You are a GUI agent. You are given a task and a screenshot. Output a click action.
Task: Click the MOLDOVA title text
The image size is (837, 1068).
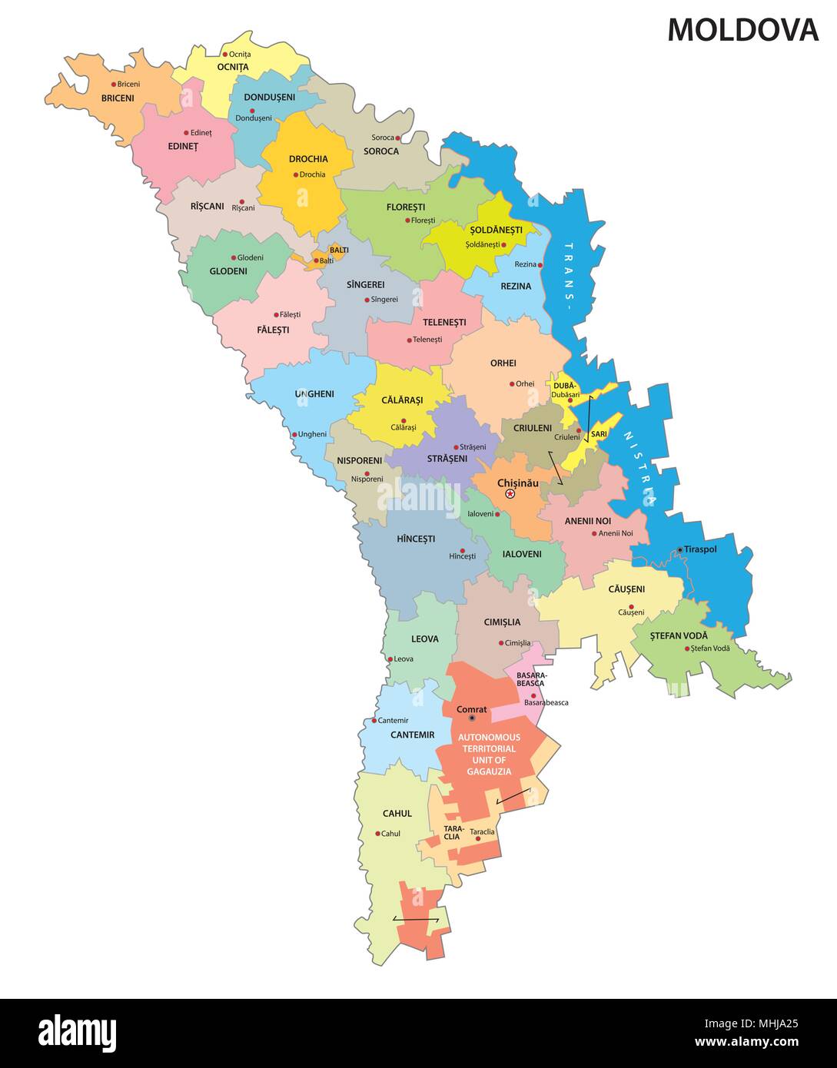point(742,30)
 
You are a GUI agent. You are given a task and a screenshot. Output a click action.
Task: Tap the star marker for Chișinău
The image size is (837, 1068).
point(509,495)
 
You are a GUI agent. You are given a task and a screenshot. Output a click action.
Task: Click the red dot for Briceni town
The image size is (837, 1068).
point(114,85)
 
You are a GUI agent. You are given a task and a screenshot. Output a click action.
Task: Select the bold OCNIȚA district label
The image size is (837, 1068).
point(233,67)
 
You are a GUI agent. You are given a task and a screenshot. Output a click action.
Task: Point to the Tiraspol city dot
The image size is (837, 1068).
point(680,550)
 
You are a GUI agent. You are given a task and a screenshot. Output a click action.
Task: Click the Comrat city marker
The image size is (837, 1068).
point(472,718)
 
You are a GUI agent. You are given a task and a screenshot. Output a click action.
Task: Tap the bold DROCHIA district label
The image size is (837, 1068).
point(308,159)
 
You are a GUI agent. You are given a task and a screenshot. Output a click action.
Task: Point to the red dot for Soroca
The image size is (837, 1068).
point(398,138)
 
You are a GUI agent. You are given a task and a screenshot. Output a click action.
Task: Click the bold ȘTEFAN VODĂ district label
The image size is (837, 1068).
point(679,635)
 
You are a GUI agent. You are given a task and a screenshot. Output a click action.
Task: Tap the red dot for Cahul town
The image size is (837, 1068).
point(377,834)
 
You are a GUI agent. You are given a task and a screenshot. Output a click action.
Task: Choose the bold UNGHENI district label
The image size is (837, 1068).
point(314,394)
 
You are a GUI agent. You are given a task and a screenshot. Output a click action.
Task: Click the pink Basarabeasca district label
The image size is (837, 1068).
point(530,679)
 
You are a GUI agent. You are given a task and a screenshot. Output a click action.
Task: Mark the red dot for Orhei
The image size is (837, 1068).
point(512,384)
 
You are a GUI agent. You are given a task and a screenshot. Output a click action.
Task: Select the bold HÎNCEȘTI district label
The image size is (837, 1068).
point(416,539)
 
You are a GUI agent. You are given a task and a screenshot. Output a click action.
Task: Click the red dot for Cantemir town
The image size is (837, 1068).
point(374,721)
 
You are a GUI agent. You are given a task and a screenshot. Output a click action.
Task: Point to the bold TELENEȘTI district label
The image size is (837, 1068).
point(444,322)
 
